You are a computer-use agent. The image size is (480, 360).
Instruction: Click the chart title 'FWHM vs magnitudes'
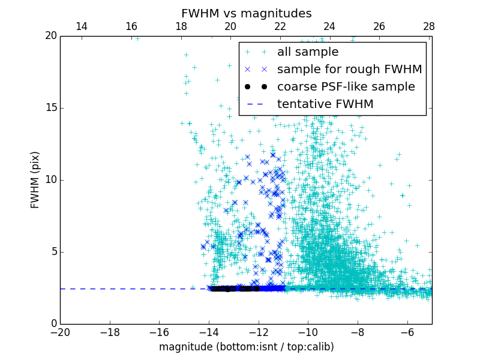point(246,13)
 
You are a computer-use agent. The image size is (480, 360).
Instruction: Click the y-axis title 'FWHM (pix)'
point(35,180)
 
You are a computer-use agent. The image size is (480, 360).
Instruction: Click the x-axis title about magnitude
point(246,347)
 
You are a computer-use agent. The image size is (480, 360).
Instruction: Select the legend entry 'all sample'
point(307,52)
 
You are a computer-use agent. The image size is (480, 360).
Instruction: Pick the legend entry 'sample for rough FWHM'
point(349,70)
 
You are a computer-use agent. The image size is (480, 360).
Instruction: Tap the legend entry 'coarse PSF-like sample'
point(346,87)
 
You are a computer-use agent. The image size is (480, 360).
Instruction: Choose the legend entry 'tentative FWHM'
point(325,104)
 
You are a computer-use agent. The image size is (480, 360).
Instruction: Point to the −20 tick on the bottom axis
point(60,332)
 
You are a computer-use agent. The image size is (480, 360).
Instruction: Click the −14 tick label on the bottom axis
point(209,332)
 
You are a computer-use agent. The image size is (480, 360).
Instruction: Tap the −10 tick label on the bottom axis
point(308,332)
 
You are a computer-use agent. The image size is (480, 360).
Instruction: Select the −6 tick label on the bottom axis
point(407,332)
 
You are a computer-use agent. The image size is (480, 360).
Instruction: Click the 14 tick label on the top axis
point(82,27)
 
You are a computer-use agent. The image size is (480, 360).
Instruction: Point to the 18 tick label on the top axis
point(181,27)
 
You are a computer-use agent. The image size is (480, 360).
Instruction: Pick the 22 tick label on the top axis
point(280,27)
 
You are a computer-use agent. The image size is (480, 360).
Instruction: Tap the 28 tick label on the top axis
point(428,27)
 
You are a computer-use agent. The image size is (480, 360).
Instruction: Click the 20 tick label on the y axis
point(50,36)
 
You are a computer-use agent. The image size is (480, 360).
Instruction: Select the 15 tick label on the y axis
point(50,108)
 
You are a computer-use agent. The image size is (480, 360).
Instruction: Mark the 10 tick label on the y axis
point(50,180)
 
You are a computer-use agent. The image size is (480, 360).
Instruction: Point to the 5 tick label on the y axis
point(53,252)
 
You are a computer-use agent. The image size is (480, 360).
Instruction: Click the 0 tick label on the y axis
point(53,324)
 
